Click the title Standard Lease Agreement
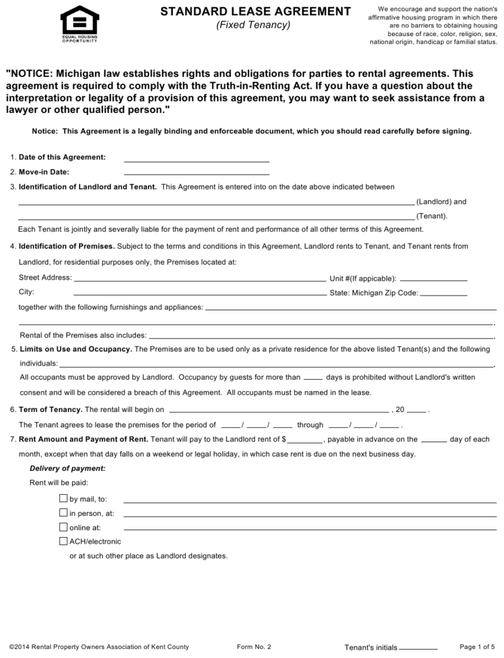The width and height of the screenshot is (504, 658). tap(255, 11)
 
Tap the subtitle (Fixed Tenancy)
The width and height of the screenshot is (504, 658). tap(253, 25)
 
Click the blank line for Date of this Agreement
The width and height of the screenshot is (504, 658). tap(196, 159)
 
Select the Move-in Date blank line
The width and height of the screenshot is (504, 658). tap(196, 172)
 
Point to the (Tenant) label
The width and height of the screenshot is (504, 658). tap(431, 216)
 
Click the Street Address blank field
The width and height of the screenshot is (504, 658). tap(200, 279)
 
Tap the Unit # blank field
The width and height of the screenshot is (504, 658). tap(433, 279)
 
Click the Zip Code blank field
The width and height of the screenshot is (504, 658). tap(444, 293)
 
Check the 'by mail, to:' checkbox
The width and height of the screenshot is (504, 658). tap(63, 498)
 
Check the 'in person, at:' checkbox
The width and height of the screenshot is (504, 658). tap(63, 513)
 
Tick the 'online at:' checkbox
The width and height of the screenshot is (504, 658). tap(63, 527)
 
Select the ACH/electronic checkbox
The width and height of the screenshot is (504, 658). tap(63, 541)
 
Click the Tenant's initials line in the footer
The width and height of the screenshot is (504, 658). tap(418, 647)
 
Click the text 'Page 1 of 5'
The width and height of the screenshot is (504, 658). tap(478, 646)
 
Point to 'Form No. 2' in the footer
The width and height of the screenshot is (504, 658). tap(254, 646)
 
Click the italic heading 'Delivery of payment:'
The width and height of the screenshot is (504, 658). tap(67, 468)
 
